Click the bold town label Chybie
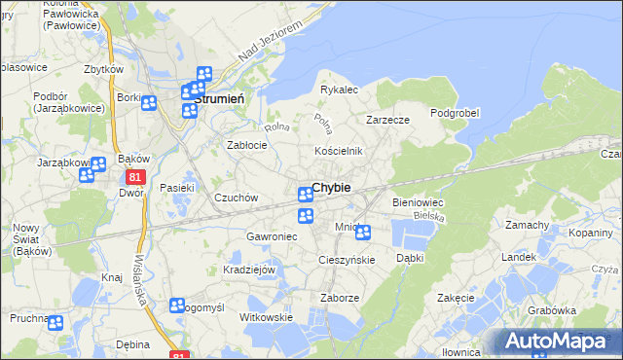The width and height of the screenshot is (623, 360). [x=332, y=187]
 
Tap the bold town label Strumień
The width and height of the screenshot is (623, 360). [x=226, y=98]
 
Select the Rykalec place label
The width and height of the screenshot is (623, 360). [x=340, y=90]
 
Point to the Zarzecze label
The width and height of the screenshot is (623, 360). [x=386, y=120]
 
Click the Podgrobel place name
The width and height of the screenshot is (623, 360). [x=455, y=113]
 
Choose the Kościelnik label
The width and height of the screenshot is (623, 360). [x=338, y=151]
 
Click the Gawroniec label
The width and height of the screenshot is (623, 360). [x=271, y=236]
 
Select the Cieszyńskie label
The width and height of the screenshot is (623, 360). [x=348, y=260]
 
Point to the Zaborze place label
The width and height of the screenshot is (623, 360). [x=341, y=298]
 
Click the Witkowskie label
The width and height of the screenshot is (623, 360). [x=266, y=317]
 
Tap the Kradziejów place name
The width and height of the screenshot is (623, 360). [x=250, y=269]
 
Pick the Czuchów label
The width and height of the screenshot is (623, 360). [x=237, y=198]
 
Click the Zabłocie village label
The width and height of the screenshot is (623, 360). [x=247, y=144]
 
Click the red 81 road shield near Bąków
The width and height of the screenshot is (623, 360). [x=135, y=176]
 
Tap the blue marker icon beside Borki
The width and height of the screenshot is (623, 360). [x=149, y=104]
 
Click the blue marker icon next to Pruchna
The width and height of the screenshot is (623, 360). [x=55, y=323]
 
